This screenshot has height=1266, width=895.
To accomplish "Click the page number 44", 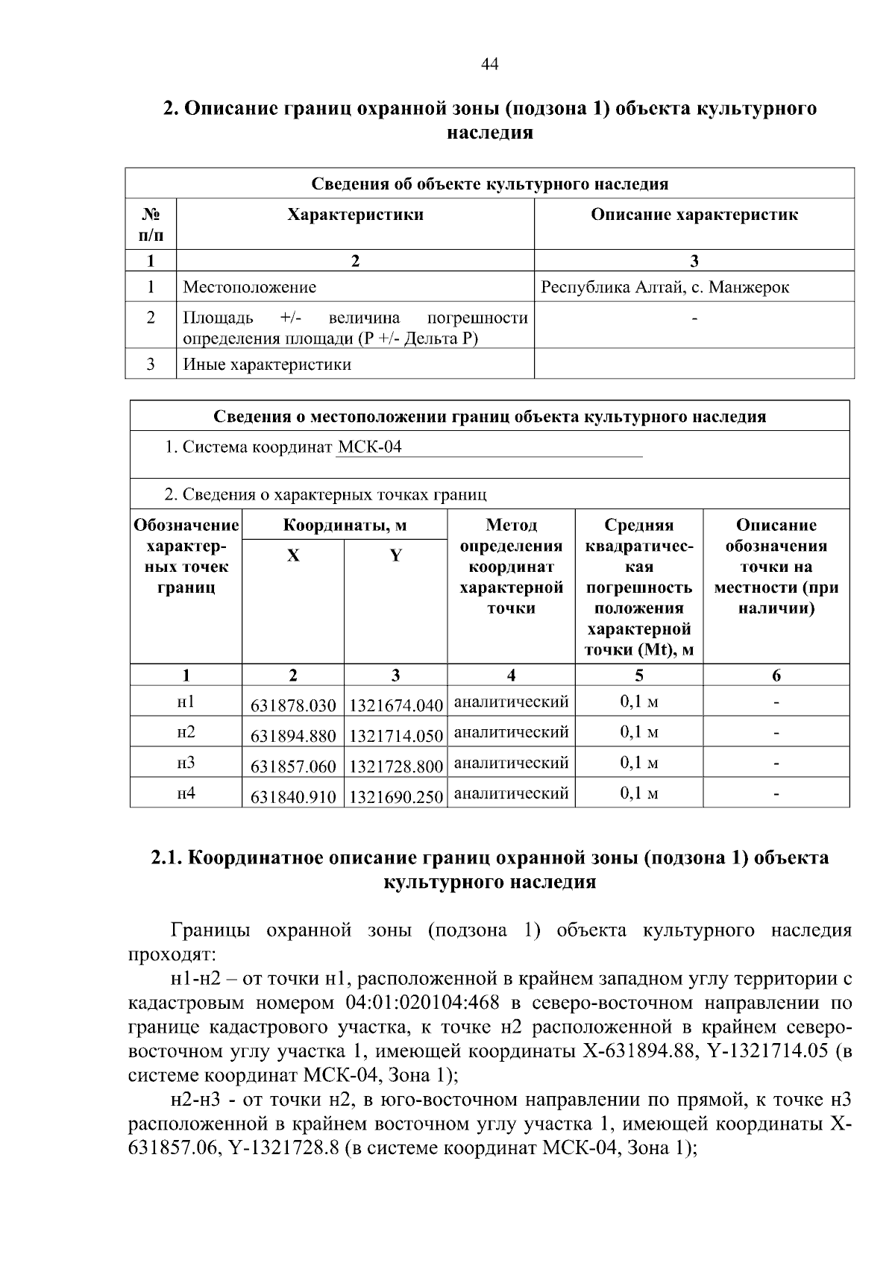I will pos(489,64).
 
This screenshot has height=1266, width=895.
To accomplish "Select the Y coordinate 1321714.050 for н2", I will pos(396,736).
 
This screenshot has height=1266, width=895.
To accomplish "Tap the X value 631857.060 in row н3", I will pos(293,766).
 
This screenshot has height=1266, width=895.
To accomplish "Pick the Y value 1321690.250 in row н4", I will pos(396,797).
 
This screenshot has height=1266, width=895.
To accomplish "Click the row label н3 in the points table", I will pos(186,763).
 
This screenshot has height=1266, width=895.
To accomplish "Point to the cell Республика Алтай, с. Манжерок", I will pos(665,287).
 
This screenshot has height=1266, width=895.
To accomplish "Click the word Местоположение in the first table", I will pos(250,287).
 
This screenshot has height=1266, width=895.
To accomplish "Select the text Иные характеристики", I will pos(267,365).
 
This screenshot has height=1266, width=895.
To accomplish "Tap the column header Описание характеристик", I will pos(694,215).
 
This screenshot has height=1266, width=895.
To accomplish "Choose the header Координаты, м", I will pos(345,525).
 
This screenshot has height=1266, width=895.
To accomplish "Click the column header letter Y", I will pos(396,555).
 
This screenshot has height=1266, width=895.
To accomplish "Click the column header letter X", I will pos(293,555).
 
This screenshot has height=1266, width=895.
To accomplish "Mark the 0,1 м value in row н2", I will pos(639,732).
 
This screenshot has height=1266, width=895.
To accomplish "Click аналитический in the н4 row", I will pos(511,793).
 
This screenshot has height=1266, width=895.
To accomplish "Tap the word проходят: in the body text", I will pos(172,954).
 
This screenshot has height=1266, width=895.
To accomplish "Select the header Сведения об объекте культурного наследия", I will pos(489,183).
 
